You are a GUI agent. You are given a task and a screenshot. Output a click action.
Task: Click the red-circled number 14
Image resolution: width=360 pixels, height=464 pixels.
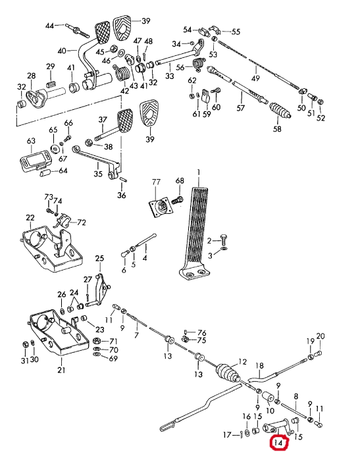(278, 443)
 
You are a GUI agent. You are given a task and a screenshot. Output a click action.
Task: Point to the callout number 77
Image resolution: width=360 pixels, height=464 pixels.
(156, 182)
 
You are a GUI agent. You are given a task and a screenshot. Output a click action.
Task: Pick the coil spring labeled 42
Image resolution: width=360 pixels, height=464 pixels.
(121, 73)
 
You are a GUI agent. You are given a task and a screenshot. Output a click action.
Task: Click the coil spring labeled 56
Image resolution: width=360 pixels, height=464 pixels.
(199, 64)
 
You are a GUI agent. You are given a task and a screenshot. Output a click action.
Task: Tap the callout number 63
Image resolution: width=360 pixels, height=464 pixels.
(31, 141)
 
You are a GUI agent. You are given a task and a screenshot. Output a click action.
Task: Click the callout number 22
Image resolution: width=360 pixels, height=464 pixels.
(30, 218)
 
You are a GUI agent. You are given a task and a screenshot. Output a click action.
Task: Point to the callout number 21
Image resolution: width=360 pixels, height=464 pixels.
(61, 370)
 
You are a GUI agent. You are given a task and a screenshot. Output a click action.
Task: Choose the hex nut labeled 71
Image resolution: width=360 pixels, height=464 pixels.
(97, 341)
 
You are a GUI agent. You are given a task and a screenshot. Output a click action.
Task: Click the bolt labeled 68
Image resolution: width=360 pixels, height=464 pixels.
(176, 199)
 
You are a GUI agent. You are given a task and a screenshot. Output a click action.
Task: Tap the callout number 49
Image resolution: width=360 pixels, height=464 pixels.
(255, 78)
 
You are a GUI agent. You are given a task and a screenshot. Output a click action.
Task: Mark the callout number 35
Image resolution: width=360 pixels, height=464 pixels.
(98, 173)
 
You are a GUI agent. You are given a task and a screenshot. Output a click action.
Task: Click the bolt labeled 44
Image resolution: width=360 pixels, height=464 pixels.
(78, 31)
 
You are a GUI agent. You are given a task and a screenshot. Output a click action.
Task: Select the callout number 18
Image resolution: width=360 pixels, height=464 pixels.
(259, 366)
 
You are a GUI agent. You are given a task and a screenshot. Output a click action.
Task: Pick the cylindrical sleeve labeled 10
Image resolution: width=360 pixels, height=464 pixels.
(267, 398)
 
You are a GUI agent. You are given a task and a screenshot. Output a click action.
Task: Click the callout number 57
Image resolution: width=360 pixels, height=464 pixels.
(241, 108)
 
